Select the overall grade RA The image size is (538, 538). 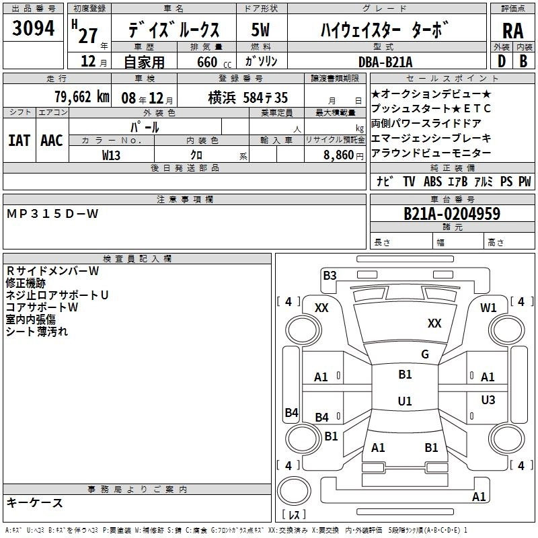512,32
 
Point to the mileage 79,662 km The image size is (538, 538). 81,97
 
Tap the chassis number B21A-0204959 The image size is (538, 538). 451,214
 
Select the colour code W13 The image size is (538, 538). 112,154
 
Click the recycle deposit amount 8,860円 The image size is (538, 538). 343,154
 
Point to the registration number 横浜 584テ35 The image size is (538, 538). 238,97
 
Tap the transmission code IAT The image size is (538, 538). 20,140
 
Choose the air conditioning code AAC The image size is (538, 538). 52,140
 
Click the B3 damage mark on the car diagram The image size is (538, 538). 330,275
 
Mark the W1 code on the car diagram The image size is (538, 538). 488,307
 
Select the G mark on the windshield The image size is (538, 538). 425,354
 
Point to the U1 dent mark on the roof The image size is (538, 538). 405,401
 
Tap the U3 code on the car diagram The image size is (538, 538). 488,400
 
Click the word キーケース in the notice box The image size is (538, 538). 35,502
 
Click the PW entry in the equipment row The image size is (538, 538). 525,182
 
